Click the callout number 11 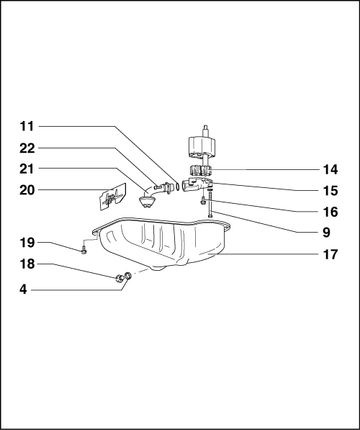(27, 127)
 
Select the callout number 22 (27, 148)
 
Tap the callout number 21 (27, 169)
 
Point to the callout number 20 (27, 190)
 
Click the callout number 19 (27, 243)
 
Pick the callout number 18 (27, 264)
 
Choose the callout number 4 (23, 290)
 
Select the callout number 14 (330, 170)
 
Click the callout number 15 (330, 191)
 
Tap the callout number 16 (330, 212)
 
